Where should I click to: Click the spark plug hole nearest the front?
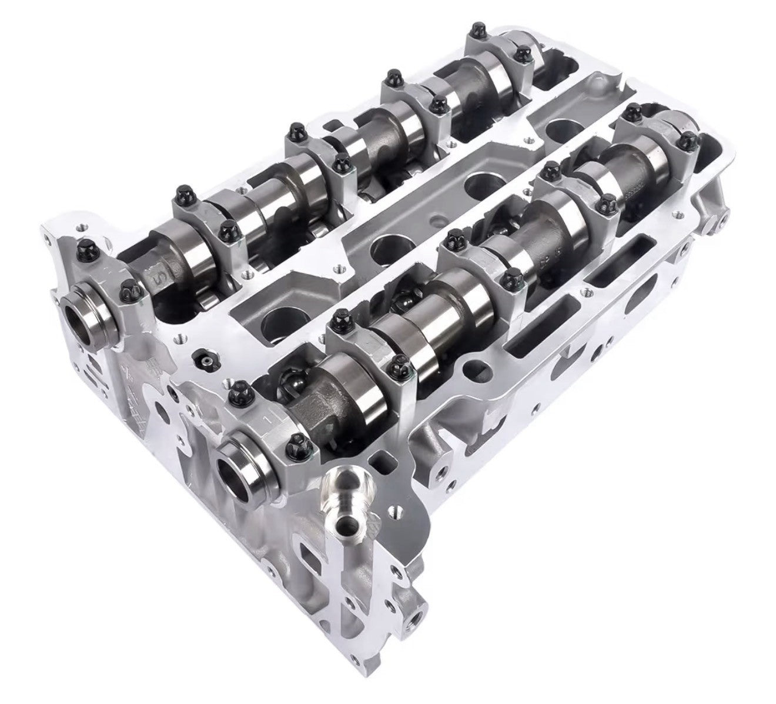pyautogui.click(x=276, y=320)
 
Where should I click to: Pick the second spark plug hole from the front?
pyautogui.click(x=384, y=248)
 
